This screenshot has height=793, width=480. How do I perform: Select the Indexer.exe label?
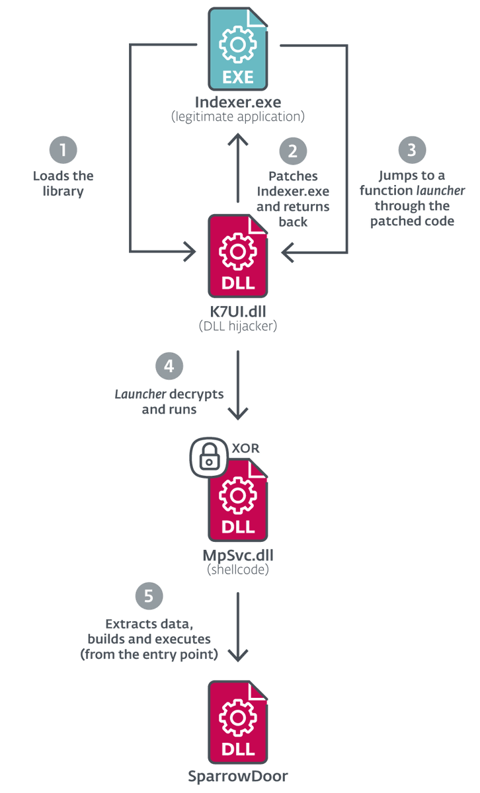tap(238, 102)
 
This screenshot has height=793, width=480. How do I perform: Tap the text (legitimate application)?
tap(238, 117)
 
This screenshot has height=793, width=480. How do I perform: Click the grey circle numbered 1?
tap(63, 151)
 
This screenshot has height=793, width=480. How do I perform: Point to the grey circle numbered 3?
tap(412, 150)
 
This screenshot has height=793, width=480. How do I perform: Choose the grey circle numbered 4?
tap(169, 366)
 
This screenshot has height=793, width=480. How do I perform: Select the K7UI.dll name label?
tap(238, 310)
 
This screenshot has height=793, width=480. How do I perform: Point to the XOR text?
tap(246, 448)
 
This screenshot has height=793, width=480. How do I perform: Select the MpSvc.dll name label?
tap(238, 553)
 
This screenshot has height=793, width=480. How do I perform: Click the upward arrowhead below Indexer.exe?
tap(238, 140)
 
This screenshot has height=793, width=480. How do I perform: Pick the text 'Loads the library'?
tap(63, 183)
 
